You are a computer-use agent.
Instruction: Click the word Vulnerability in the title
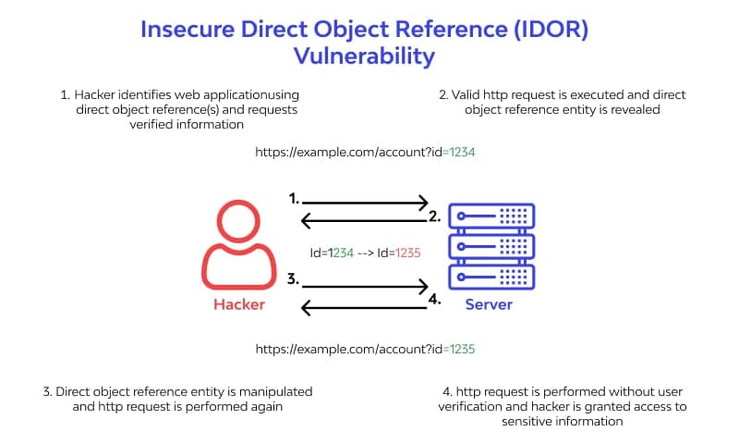[364, 56]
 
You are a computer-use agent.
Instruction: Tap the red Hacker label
[239, 304]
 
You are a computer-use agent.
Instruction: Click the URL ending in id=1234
[365, 152]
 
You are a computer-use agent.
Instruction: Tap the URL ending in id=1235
[365, 349]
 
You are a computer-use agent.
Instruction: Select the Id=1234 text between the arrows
[333, 251]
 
